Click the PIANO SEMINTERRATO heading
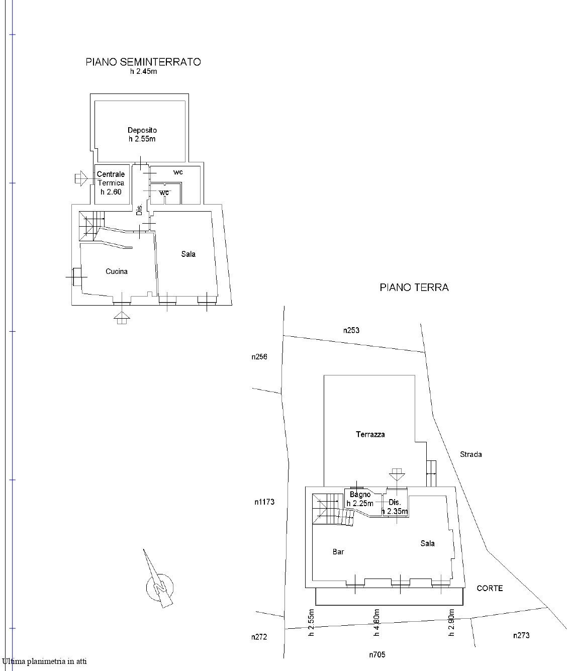143,62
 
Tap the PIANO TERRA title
414,287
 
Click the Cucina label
117,271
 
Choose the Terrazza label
370,434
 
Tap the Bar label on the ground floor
338,552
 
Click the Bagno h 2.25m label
360,499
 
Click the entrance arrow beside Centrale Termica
81,178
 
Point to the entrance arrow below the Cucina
122,318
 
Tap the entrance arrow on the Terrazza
397,475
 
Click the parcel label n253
351,330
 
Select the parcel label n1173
264,502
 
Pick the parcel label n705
377,655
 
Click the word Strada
470,454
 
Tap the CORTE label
490,588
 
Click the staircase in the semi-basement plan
91,226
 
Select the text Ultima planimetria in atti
44,661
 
